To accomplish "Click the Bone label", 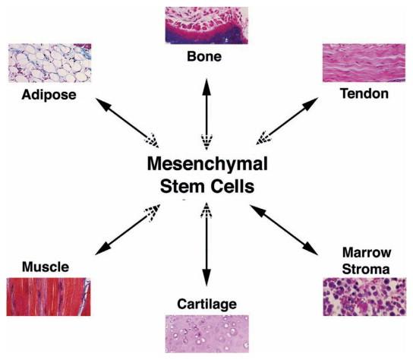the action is [x=204, y=56].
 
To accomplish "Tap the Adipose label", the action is [x=49, y=95].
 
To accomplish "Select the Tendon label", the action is [x=364, y=93].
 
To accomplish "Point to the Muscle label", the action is [x=46, y=267].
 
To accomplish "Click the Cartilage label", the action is [x=206, y=305].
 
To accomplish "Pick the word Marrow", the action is [x=367, y=252].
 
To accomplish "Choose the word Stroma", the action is [x=366, y=270].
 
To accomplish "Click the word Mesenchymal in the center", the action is [x=207, y=164].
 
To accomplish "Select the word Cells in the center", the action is [x=232, y=186].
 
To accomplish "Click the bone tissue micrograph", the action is [x=206, y=25].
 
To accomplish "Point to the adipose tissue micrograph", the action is [x=50, y=63].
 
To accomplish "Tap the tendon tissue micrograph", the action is [x=364, y=63].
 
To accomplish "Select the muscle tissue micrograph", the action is [x=49, y=297].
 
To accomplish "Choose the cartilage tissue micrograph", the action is [x=207, y=334].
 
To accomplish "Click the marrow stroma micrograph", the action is [x=364, y=297].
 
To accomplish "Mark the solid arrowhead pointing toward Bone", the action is [x=206, y=87].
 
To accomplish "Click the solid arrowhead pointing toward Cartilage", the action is [x=206, y=277].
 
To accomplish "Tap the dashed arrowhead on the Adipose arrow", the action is [x=153, y=141].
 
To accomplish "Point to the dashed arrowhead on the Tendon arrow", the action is [x=263, y=138].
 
